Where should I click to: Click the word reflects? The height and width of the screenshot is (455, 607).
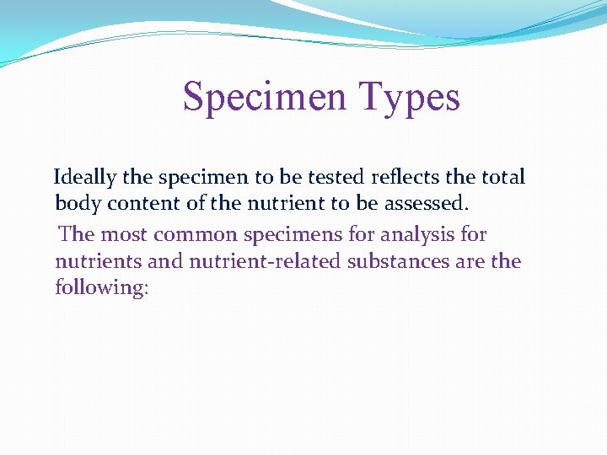[401, 178]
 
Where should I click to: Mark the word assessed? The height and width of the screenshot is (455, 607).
[424, 204]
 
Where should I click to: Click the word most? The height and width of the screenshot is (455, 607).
[124, 234]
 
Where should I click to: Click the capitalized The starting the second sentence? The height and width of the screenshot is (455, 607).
[77, 234]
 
